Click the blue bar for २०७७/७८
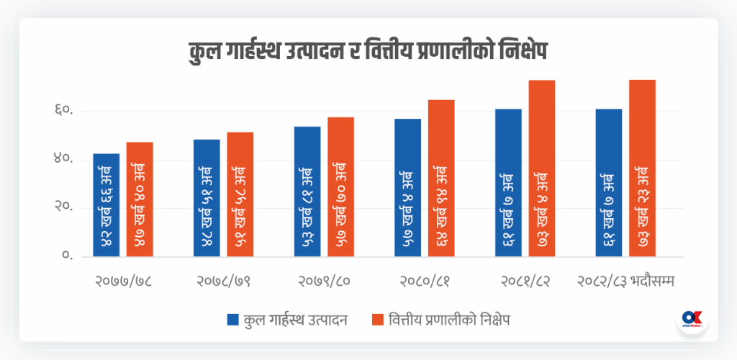tap(107, 205)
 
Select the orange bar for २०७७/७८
tap(140, 199)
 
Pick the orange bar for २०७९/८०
tap(340, 186)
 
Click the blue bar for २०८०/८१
tap(407, 187)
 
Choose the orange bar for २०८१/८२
tap(541, 168)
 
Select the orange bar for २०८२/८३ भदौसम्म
tap(642, 168)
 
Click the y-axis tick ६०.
tap(63, 112)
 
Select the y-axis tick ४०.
tap(63, 159)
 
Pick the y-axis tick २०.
tap(63, 207)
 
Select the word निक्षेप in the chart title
tap(526, 54)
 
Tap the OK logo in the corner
tap(692, 320)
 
